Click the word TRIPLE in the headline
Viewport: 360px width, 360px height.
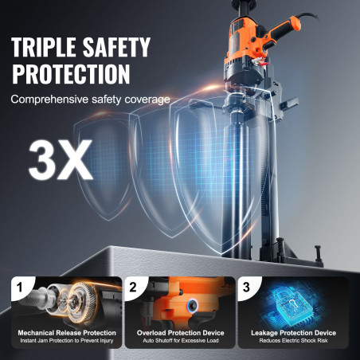pyautogui.click(x=44, y=47)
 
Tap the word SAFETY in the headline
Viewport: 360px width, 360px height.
pyautogui.click(x=116, y=47)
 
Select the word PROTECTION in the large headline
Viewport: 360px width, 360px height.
pyautogui.click(x=71, y=74)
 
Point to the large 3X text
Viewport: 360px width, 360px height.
pyautogui.click(x=61, y=160)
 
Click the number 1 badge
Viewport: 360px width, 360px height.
pyautogui.click(x=19, y=287)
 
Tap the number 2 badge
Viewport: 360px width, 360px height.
pyautogui.click(x=133, y=287)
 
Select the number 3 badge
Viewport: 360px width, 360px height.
pyautogui.click(x=246, y=287)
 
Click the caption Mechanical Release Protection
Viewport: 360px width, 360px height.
pyautogui.click(x=67, y=333)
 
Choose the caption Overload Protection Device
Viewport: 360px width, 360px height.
pyautogui.click(x=181, y=333)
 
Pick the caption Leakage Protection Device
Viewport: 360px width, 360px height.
pyautogui.click(x=294, y=333)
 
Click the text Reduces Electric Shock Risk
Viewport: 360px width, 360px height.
pyautogui.click(x=294, y=340)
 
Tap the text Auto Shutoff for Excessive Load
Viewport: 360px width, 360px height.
pyautogui.click(x=181, y=340)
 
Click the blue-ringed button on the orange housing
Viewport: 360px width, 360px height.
pyautogui.click(x=192, y=304)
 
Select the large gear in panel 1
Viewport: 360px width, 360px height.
pyautogui.click(x=82, y=298)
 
